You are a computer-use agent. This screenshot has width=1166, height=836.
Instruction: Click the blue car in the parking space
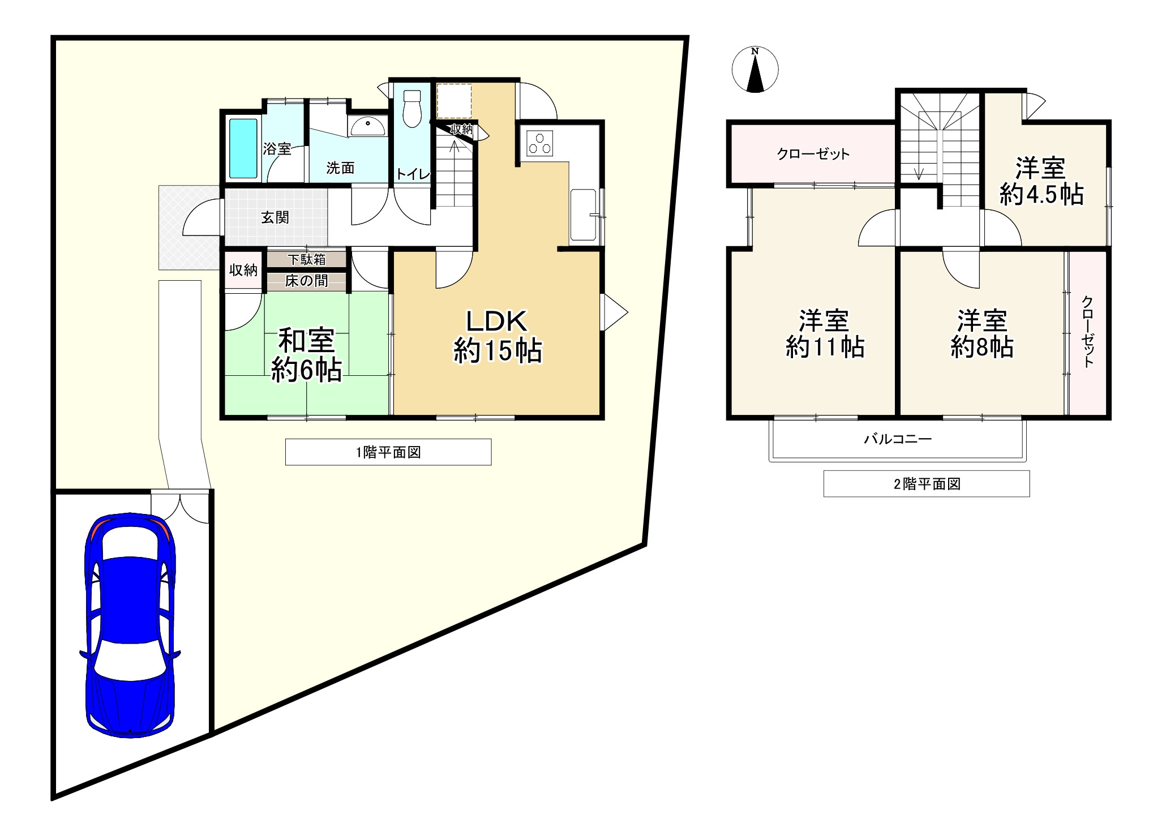(129, 625)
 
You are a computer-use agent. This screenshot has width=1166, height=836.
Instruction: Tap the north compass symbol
(755, 70)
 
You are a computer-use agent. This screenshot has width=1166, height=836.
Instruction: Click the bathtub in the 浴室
(243, 148)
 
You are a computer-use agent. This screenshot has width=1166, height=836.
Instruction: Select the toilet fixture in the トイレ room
(411, 109)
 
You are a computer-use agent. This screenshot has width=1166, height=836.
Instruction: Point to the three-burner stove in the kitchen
(539, 143)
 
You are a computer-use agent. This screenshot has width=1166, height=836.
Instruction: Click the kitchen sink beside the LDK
(584, 215)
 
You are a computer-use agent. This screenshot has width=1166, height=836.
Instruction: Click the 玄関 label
(275, 217)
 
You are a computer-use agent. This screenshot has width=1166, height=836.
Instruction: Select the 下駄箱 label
(307, 260)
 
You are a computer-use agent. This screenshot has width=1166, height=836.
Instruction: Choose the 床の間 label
(307, 281)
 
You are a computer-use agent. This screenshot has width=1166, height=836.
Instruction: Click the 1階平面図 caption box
(388, 452)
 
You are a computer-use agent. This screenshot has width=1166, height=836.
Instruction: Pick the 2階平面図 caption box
(927, 484)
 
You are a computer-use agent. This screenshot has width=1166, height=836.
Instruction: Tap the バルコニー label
(898, 439)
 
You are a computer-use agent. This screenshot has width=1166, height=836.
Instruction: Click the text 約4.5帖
(1041, 195)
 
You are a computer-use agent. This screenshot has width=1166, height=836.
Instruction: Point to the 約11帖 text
(825, 346)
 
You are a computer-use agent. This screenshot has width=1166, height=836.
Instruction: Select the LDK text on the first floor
(496, 321)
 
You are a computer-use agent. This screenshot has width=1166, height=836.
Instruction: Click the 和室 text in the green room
(306, 341)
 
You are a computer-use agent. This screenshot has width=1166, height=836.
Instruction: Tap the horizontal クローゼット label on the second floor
(813, 154)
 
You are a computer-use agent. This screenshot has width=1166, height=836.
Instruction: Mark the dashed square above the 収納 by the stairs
(454, 101)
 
